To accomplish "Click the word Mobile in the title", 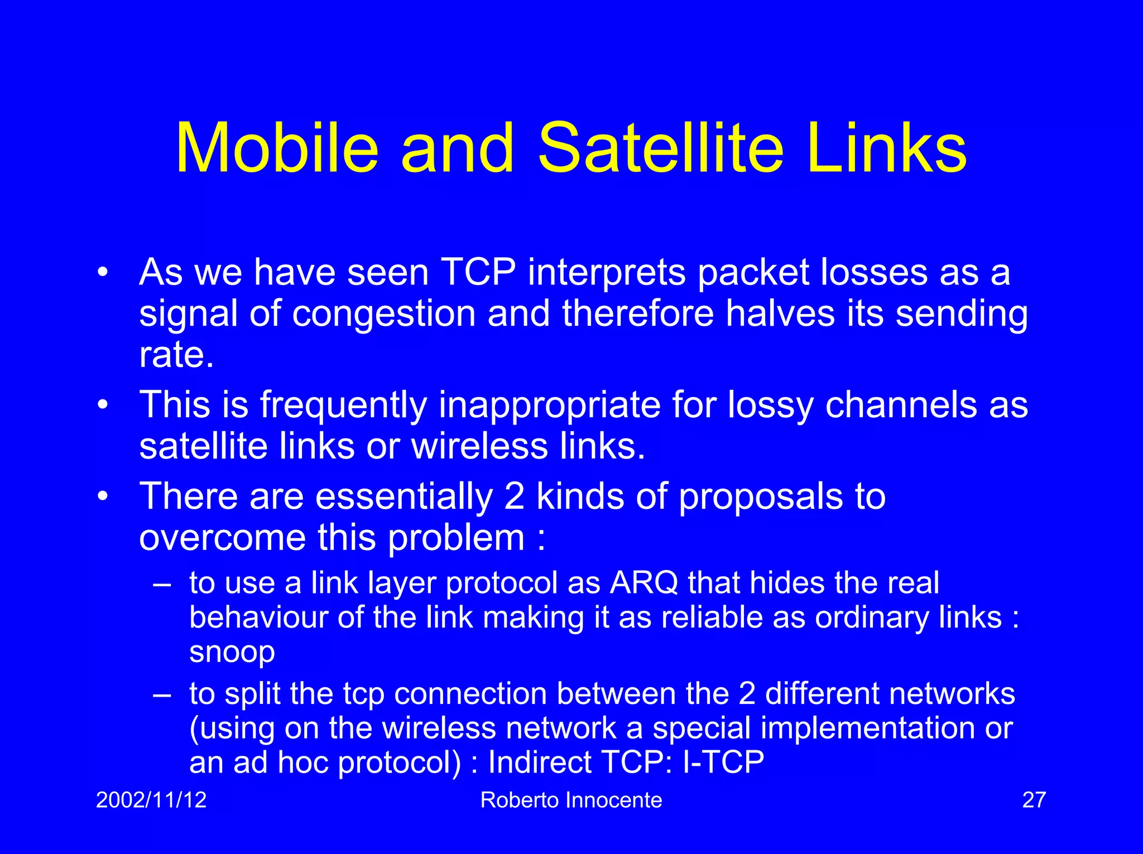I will pos(277,148).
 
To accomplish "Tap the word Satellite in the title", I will pos(660,148).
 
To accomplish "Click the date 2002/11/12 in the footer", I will pos(151,800).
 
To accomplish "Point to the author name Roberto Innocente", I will pos(571,800).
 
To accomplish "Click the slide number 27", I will pos(1034,800).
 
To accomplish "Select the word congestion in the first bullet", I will pos(384,313).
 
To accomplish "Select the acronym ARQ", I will pos(644,583).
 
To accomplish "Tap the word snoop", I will pos(232,652).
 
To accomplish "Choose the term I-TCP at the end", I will pos(723,762).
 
